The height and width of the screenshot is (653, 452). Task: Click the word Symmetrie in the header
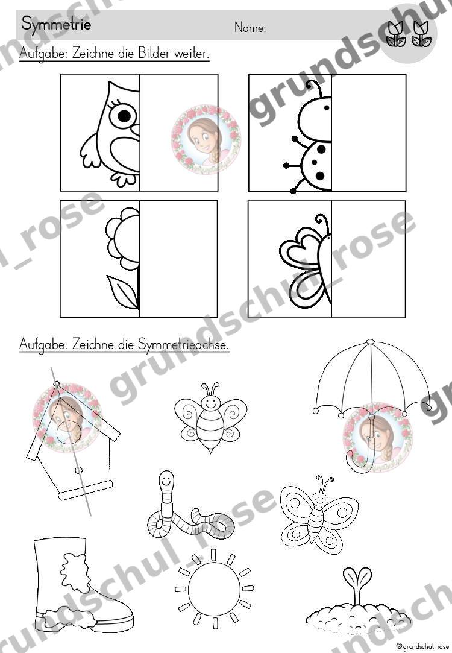[56, 24]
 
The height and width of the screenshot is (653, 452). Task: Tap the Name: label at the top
[250, 28]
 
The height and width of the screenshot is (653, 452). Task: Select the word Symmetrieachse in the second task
[184, 344]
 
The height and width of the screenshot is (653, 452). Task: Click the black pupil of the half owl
[124, 116]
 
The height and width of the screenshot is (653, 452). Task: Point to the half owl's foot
[123, 179]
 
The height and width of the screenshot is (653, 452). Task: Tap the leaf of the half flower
[123, 291]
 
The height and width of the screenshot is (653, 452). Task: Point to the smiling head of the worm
[166, 481]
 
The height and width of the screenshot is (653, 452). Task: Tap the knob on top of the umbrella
[370, 342]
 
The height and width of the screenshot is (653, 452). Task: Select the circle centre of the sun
[214, 588]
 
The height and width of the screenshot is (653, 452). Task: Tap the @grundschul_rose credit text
[422, 646]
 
